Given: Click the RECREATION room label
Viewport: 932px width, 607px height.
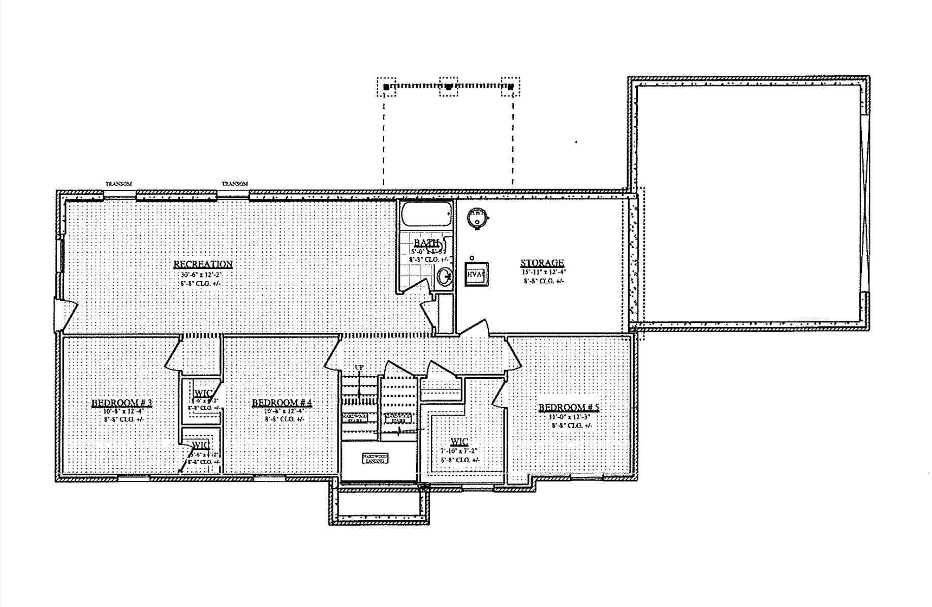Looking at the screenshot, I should click(x=203, y=264).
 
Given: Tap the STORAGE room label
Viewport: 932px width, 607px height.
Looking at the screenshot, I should click(x=542, y=263).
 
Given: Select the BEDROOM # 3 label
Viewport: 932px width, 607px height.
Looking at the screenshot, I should click(x=121, y=403).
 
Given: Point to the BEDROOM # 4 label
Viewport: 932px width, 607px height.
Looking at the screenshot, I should click(x=282, y=403).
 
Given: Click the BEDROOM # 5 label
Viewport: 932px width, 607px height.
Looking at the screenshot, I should click(x=569, y=407).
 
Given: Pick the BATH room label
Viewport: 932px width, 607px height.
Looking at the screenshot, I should click(x=426, y=243).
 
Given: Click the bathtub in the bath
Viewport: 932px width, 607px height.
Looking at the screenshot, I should click(x=426, y=215).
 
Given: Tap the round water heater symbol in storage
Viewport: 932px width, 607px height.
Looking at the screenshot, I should click(x=477, y=217).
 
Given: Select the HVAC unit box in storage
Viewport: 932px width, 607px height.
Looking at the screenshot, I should click(x=477, y=275).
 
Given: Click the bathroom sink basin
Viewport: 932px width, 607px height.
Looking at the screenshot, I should click(x=444, y=277).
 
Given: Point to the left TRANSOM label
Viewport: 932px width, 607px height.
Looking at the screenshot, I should click(x=118, y=184).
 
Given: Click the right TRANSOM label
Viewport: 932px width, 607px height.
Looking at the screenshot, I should click(x=235, y=184).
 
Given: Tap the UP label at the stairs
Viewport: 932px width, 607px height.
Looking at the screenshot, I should click(x=359, y=367).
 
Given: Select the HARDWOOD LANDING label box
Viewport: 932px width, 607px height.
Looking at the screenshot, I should click(x=375, y=459).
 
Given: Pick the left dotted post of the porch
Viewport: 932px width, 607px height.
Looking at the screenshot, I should click(x=386, y=87).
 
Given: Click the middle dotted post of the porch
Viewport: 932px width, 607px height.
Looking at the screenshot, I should click(x=449, y=87).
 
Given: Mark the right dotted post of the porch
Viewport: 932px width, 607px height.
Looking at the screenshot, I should click(x=511, y=87).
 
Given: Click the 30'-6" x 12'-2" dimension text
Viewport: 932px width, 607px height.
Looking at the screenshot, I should click(x=201, y=275).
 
